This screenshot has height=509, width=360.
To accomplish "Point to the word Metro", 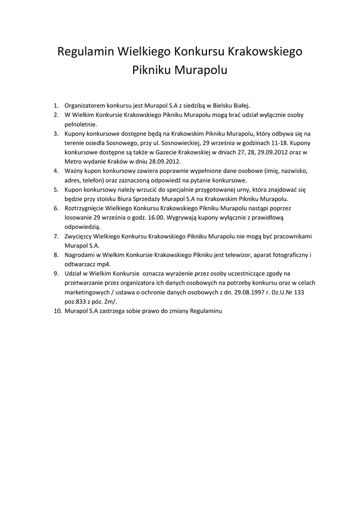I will (x=73, y=162).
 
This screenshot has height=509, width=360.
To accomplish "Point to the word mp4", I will (x=102, y=264).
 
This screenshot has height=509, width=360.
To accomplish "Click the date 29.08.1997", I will (x=237, y=292).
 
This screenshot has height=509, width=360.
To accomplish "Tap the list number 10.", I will (x=57, y=311).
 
